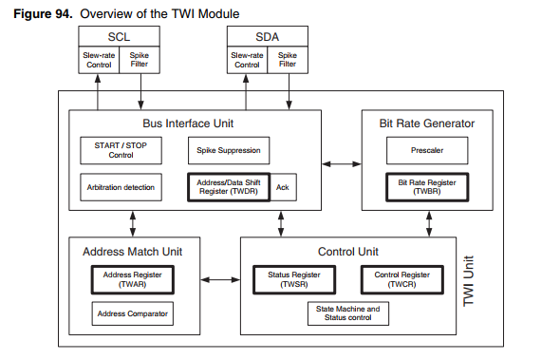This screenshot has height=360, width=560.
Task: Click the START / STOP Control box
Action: click(x=121, y=149)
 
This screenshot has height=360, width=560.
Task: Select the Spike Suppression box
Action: click(x=227, y=150)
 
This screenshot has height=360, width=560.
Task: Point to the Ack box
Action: click(x=282, y=187)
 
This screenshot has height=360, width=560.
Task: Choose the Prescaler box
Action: click(x=425, y=148)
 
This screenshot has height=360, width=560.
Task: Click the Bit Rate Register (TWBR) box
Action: click(x=425, y=185)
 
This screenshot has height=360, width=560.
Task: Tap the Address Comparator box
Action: click(x=133, y=312)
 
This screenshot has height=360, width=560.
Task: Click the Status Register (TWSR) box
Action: click(x=293, y=278)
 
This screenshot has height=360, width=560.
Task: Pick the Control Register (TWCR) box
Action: click(x=401, y=278)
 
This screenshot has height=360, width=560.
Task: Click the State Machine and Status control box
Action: click(x=346, y=313)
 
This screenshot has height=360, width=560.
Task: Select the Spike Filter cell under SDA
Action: click(x=288, y=60)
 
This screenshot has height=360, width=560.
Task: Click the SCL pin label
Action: click(x=119, y=36)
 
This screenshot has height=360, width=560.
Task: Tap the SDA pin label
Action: click(x=266, y=36)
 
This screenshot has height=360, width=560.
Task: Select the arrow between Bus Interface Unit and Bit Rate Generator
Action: click(x=337, y=164)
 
